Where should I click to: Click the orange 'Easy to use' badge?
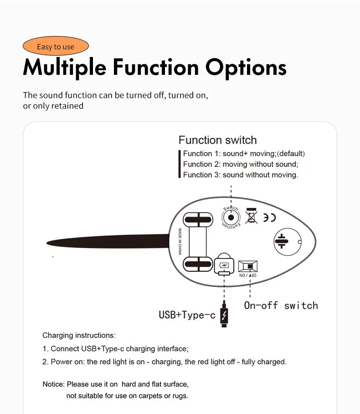pos(55,47)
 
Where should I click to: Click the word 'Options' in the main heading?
pos(246,67)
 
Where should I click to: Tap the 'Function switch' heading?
pos(217,140)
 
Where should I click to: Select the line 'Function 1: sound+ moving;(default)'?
pos(244,154)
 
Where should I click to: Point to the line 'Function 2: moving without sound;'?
pos(240,164)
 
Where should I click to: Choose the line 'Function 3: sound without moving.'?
pos(240,175)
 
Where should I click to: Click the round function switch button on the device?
pos(231,217)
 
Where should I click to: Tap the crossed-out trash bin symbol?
pos(251,216)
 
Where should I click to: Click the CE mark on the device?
pos(269,217)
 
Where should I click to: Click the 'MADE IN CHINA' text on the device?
pos(180,242)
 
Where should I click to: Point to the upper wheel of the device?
pos(198,220)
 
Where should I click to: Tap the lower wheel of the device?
pos(198,264)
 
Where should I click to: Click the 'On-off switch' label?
pos(281,305)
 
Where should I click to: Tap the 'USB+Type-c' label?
pos(187,315)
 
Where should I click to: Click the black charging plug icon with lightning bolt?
pos(224,316)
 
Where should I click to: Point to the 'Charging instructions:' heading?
pos(79,336)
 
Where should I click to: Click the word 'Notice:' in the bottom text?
pos(54,384)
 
